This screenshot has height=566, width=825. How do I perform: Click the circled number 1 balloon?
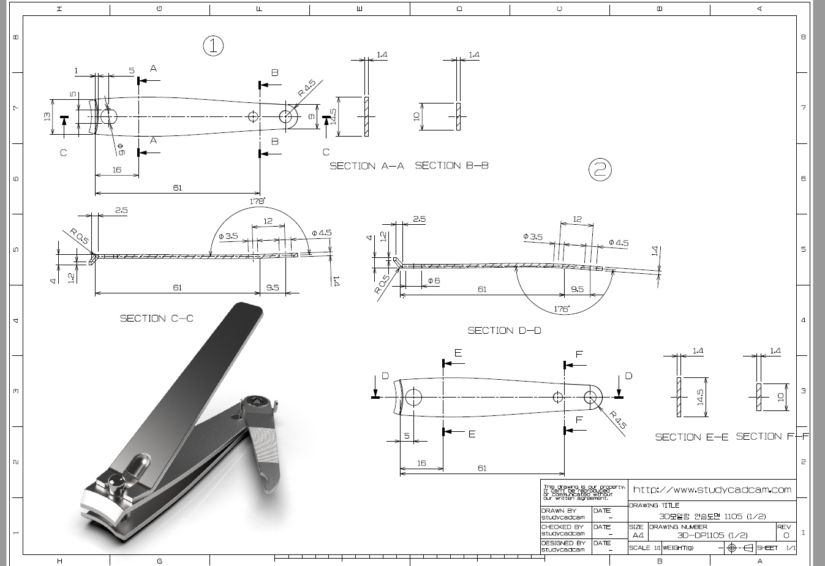tap(213, 45)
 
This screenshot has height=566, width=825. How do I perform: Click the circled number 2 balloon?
tap(600, 169)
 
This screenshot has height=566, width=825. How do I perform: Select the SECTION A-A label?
tap(367, 166)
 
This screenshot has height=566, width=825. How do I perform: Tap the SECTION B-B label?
tap(451, 165)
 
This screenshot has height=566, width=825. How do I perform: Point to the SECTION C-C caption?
tap(156, 318)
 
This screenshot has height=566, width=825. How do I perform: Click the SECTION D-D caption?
tap(504, 330)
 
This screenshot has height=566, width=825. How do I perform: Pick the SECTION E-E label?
tap(691, 437)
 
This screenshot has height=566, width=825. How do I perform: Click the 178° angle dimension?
tap(257, 201)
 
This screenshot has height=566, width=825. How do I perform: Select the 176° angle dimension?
tap(561, 309)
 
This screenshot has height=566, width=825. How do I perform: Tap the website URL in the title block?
tap(712, 489)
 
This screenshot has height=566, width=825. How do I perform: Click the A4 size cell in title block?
tap(638, 535)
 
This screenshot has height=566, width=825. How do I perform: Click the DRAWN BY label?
tap(559, 510)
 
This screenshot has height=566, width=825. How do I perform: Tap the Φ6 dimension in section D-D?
tap(434, 281)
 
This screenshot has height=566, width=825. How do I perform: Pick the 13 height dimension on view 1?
tap(48, 116)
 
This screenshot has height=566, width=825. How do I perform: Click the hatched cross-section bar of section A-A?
tap(367, 116)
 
